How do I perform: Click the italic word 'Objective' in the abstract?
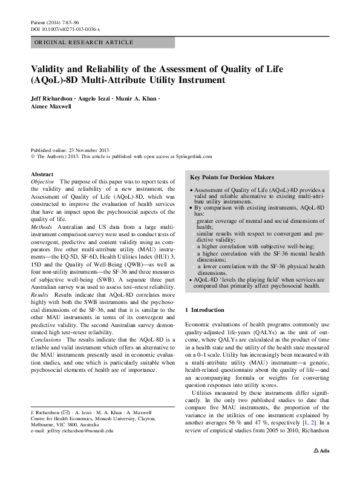tap(42, 182)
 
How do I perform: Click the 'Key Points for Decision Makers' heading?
tap(232, 177)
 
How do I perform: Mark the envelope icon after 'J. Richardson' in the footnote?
tap(72, 412)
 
